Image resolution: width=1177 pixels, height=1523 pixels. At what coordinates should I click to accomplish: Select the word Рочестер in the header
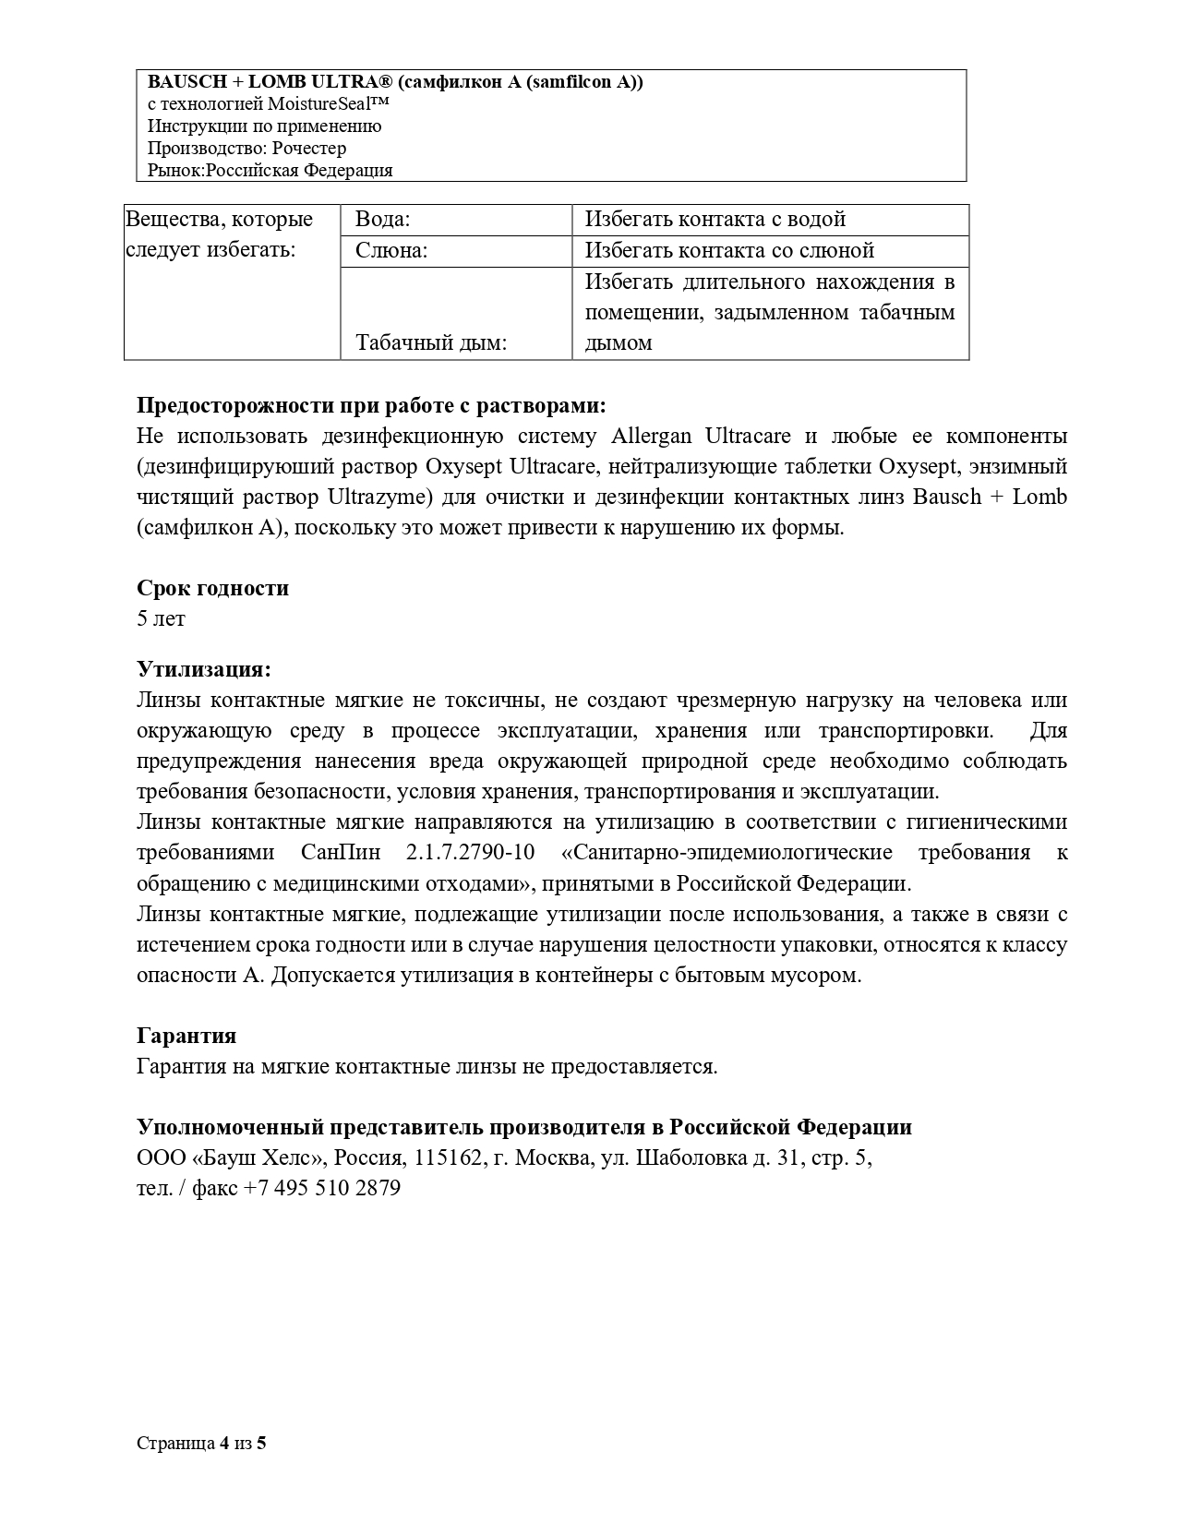coord(310,148)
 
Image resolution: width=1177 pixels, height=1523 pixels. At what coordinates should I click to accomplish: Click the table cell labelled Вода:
coord(383,220)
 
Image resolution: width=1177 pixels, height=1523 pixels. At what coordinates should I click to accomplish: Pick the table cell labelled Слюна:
coord(391,251)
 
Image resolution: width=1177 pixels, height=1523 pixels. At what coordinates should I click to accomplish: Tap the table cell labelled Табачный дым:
coord(431,343)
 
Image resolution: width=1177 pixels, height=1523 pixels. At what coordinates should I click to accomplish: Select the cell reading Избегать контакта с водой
coord(715,220)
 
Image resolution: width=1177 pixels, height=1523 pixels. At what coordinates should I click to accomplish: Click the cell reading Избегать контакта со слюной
coord(729,251)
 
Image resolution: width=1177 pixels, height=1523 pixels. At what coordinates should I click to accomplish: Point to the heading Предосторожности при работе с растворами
coord(371,405)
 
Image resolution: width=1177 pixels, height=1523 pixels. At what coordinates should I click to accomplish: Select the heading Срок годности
coord(212,588)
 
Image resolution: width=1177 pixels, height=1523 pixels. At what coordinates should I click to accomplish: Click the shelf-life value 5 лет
coord(161,618)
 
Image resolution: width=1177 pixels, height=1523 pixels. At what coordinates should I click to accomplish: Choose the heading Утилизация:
coord(204,669)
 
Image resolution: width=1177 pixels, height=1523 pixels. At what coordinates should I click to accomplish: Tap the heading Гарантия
coord(186,1036)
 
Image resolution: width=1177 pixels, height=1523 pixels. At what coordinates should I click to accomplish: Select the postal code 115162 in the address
coord(448,1157)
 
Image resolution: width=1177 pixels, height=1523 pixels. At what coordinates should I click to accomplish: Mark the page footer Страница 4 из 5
coord(201,1444)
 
